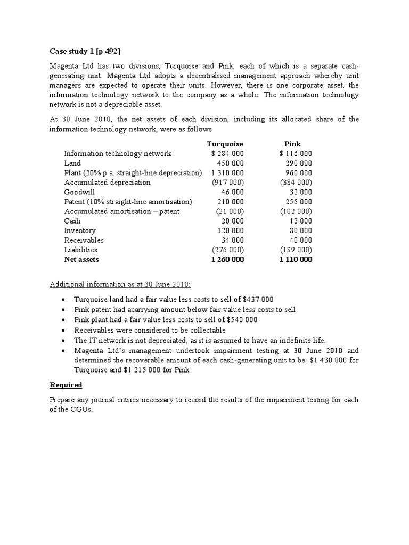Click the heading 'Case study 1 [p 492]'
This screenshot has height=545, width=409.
tap(85, 51)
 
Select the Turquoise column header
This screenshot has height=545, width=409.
tap(225, 144)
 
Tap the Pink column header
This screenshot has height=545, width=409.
tap(292, 144)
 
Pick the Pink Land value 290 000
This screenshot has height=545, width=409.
tap(299, 163)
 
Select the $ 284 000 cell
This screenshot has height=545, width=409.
tap(227, 153)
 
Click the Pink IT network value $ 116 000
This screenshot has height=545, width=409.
tap(296, 153)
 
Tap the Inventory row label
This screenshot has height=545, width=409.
tap(80, 230)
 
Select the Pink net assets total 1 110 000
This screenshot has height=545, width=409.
tap(296, 260)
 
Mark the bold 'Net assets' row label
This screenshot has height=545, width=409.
tap(81, 260)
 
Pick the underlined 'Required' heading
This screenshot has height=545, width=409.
tap(66, 385)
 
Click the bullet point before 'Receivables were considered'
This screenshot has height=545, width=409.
tap(64, 330)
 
